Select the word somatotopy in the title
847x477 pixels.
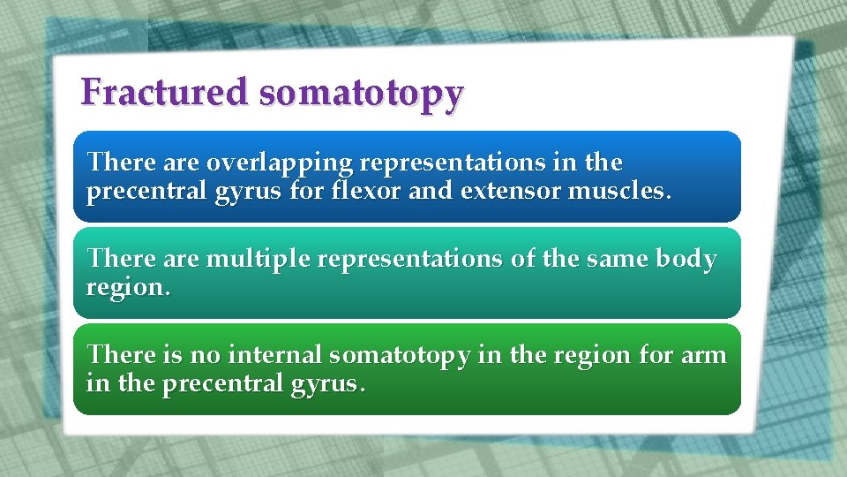(361, 94)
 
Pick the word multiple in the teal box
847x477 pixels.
(251, 261)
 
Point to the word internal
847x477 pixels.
(276, 355)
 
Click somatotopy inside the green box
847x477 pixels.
(400, 356)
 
